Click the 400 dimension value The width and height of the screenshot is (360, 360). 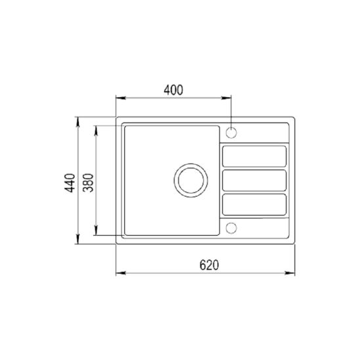(x=173, y=90)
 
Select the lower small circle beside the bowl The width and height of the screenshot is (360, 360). (x=231, y=227)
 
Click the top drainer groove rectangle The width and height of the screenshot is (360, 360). (x=254, y=156)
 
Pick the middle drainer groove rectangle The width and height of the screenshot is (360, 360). (x=254, y=180)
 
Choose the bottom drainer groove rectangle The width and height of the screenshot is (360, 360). (x=254, y=204)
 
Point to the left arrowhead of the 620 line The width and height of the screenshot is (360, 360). (x=119, y=273)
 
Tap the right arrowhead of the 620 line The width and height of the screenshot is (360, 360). (x=293, y=273)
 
